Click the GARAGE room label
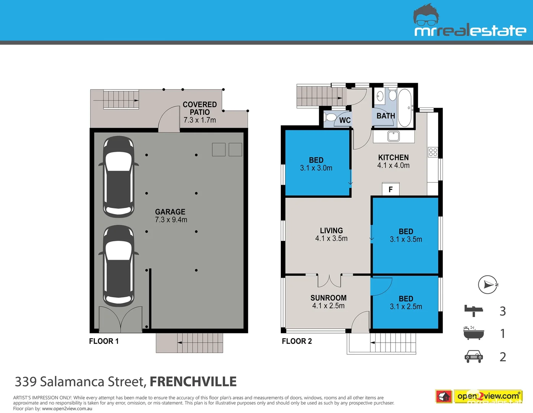(x=170, y=212)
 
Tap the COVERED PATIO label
(x=199, y=108)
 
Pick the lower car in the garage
(x=118, y=266)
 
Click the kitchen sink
(x=393, y=136)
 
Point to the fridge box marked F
(x=390, y=189)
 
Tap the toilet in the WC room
(x=330, y=117)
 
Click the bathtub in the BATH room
(x=405, y=107)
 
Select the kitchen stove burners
(x=433, y=152)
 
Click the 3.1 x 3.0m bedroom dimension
(x=316, y=168)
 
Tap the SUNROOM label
(x=328, y=298)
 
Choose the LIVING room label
(x=331, y=231)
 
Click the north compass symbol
(x=488, y=285)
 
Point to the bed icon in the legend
(x=473, y=310)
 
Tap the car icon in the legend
(x=473, y=356)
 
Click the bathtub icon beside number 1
(x=473, y=333)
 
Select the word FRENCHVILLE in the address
(x=193, y=382)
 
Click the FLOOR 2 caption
(x=296, y=341)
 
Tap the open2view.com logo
(x=488, y=396)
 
